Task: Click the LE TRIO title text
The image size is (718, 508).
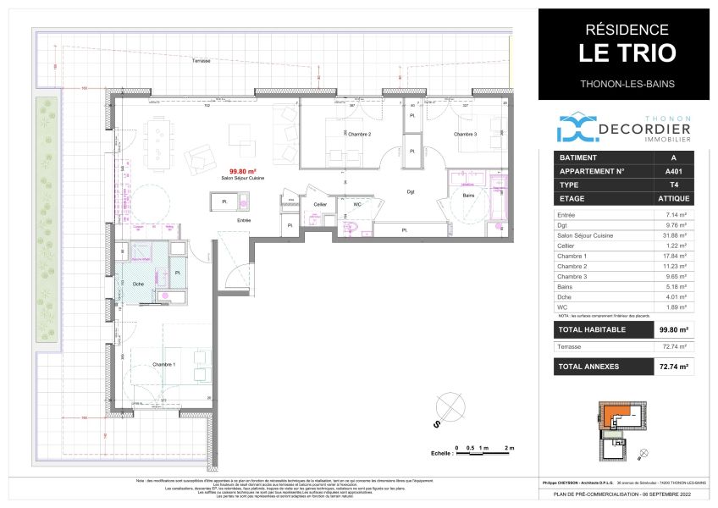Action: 627,52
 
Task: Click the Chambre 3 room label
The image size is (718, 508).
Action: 465,135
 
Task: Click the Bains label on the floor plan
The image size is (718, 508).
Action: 468,195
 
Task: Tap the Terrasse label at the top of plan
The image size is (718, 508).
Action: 201,62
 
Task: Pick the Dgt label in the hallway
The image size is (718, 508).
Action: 411,192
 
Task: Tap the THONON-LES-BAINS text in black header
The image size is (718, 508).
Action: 627,83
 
